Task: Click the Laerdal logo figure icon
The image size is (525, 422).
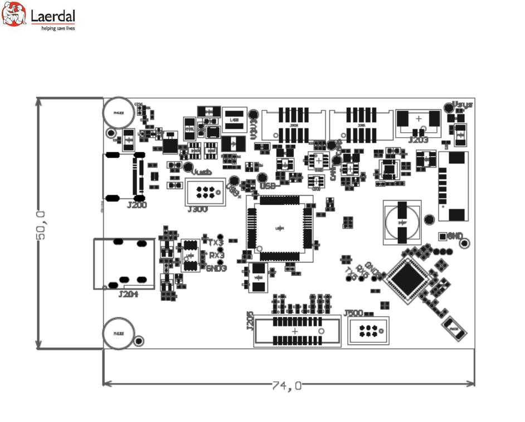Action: pyautogui.click(x=14, y=15)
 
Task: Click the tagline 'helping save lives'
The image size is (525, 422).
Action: pyautogui.click(x=58, y=28)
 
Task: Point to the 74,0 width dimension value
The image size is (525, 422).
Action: pyautogui.click(x=287, y=385)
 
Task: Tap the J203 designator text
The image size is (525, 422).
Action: pyautogui.click(x=418, y=140)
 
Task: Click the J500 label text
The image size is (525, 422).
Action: pyautogui.click(x=354, y=313)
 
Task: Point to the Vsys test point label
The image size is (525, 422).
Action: pyautogui.click(x=463, y=104)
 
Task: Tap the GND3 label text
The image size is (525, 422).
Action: pyautogui.click(x=216, y=268)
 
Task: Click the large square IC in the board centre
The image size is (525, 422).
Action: pyautogui.click(x=280, y=228)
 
